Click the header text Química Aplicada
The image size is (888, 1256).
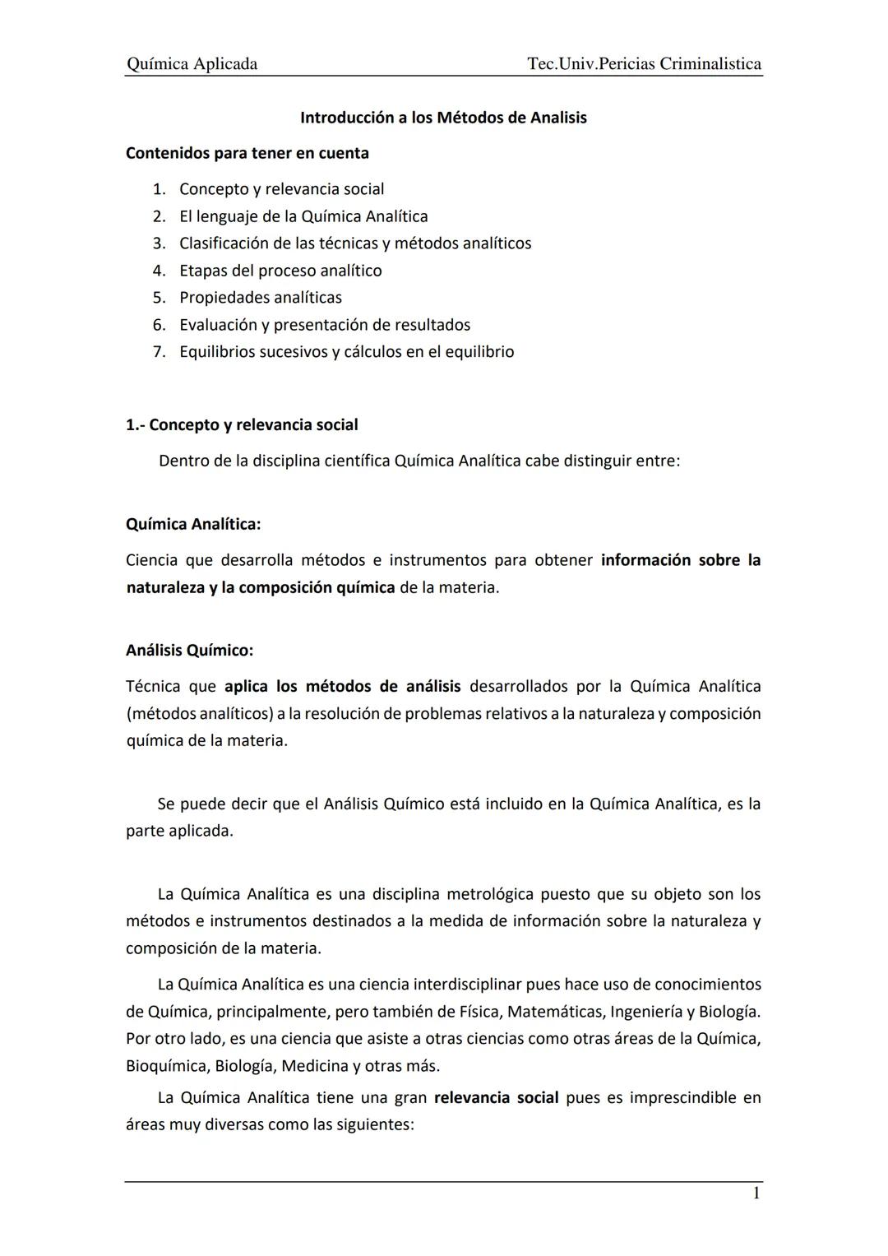192,64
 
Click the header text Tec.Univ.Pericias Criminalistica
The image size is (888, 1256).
644,64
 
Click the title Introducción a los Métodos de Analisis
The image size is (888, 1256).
443,118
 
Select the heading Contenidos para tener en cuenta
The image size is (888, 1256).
247,153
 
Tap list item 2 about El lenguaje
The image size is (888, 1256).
303,216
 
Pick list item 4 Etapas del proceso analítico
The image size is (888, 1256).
280,271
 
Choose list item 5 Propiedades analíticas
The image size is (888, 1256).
261,298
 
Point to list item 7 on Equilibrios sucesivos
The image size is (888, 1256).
346,352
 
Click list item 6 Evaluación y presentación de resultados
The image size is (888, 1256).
325,325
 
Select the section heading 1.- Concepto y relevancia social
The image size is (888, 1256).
242,425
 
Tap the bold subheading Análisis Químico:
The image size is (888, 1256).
189,651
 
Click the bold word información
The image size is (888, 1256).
645,560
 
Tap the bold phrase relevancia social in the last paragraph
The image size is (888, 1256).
496,1098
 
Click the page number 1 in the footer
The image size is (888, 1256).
756,1193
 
